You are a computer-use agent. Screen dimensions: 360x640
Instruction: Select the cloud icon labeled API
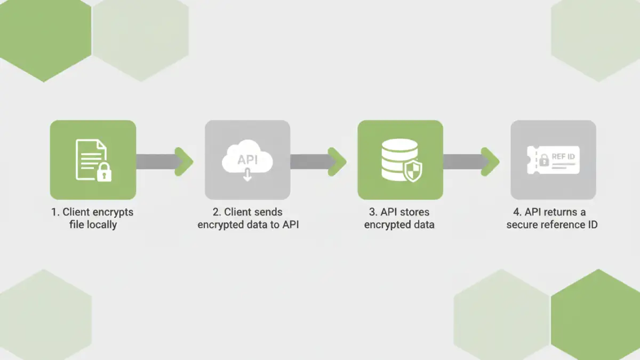click(247, 157)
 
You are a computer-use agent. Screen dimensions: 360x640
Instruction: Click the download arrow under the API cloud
click(247, 175)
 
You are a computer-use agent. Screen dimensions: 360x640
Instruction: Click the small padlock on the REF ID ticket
click(544, 159)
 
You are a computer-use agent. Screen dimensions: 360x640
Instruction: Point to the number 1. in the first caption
click(55, 212)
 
